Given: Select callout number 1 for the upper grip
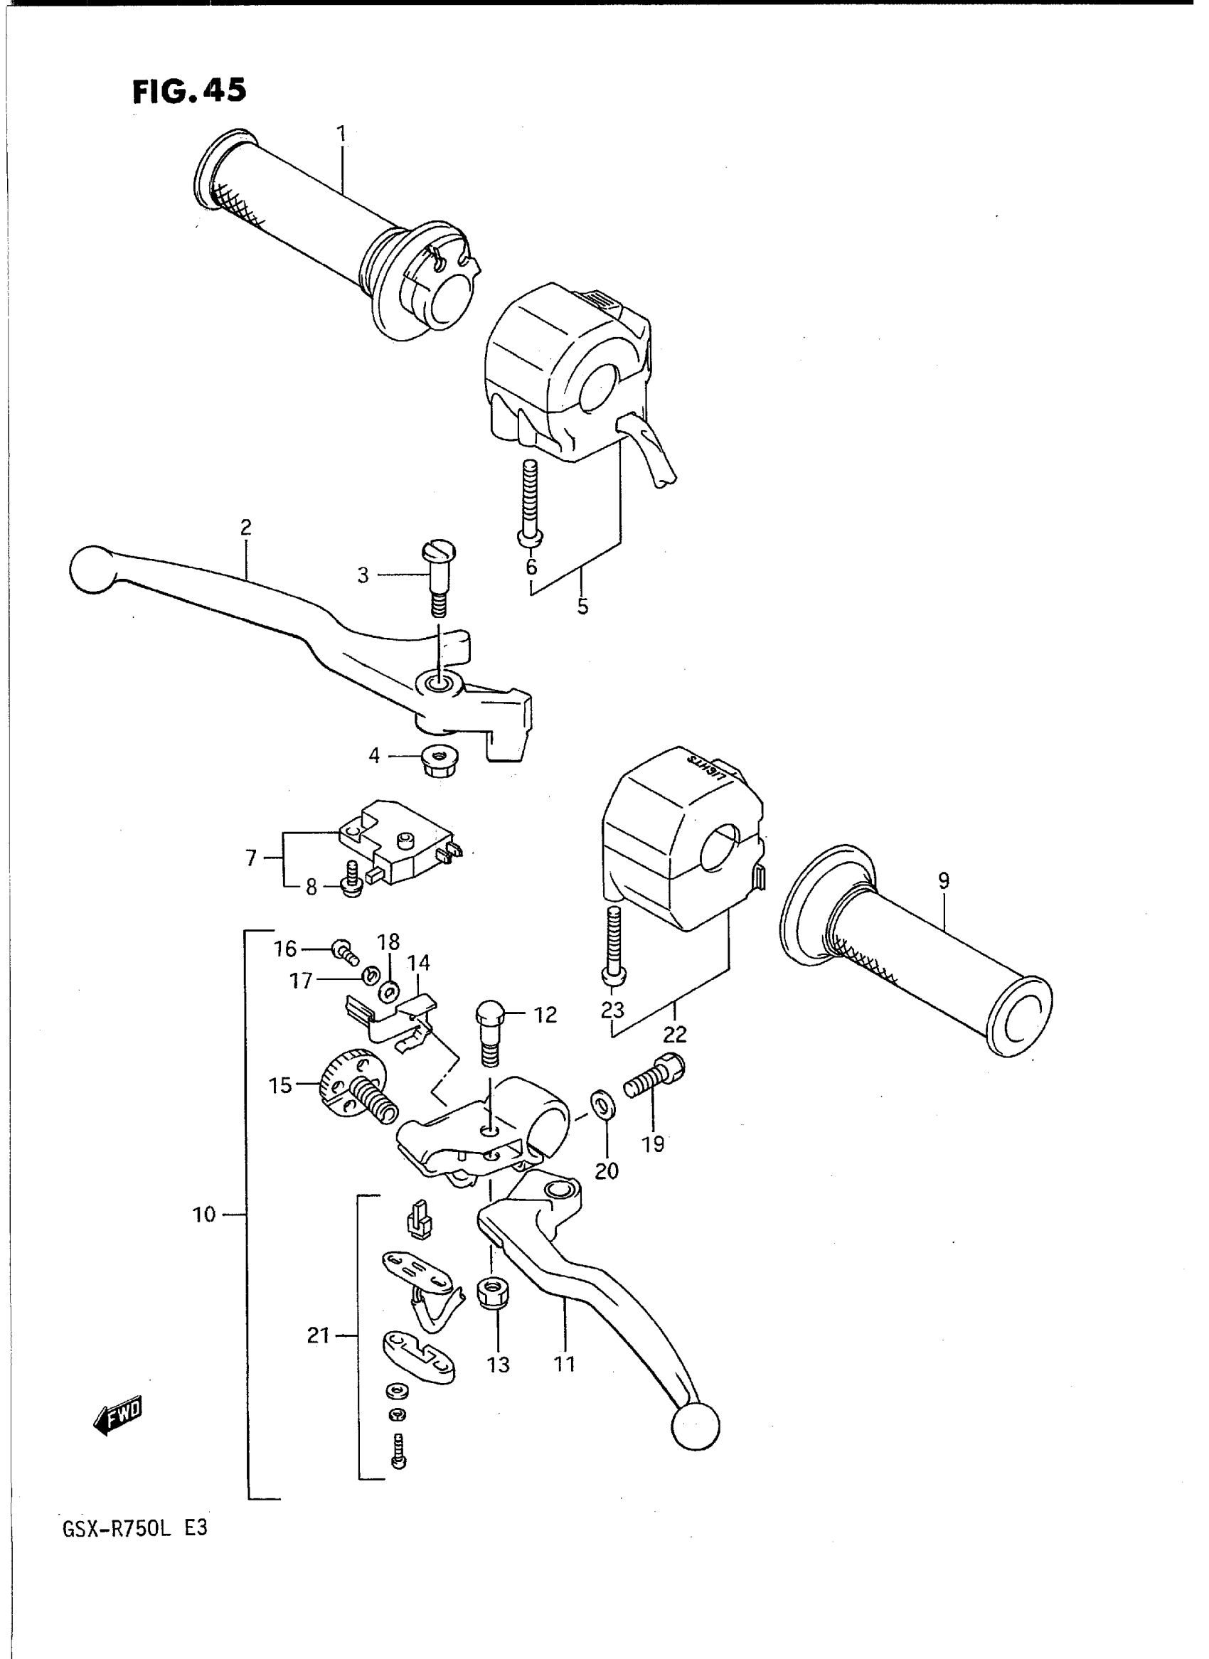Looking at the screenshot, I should coord(341,134).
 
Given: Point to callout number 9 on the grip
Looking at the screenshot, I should coord(943,881).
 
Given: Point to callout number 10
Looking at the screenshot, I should coord(204,1215).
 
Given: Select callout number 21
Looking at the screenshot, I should coord(319,1336).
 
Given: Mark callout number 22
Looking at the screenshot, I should coord(675,1034).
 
